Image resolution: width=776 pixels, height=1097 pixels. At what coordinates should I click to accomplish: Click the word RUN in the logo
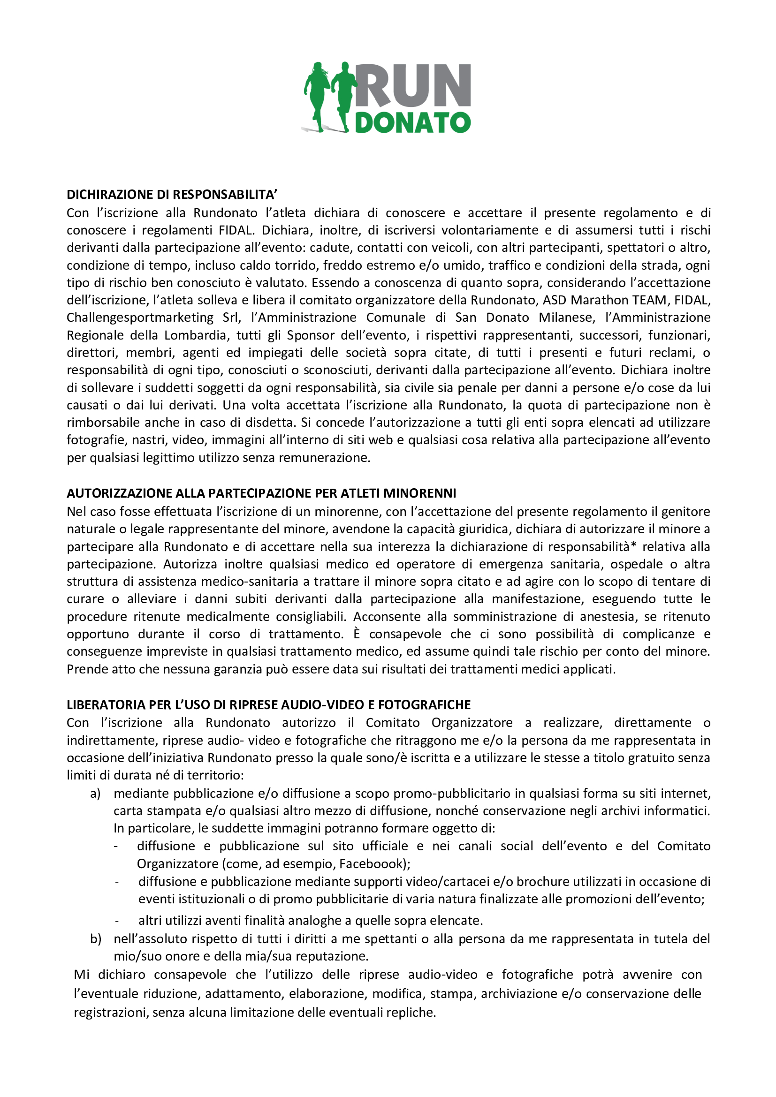[413, 85]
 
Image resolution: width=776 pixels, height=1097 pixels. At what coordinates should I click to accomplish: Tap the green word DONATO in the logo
[413, 122]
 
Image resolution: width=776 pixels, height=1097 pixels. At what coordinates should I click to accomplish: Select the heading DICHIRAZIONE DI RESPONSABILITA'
[172, 195]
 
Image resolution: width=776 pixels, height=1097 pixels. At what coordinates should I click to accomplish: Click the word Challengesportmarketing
[140, 318]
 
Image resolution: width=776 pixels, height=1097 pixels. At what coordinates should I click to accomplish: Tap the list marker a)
[95, 794]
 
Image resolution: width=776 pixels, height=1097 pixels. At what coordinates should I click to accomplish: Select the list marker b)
[96, 939]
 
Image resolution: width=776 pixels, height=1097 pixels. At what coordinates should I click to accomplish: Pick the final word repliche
[411, 1013]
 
